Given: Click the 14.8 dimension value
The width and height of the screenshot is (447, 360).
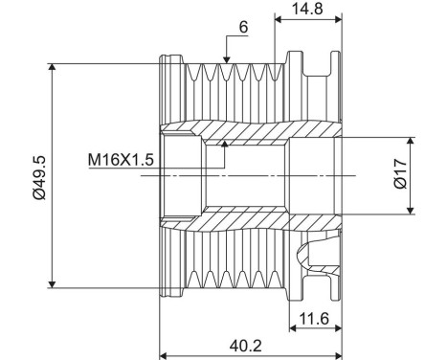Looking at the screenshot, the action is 307,9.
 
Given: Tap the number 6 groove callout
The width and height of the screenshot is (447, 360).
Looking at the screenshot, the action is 243,28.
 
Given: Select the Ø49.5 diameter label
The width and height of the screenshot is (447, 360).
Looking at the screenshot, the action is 39,177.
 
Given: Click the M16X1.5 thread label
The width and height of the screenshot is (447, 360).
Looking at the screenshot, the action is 121,160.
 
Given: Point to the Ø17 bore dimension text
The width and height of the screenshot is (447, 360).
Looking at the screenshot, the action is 401,174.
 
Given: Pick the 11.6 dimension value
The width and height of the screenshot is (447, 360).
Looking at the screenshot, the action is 314,318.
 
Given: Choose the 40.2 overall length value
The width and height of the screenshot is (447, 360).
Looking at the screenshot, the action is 245,346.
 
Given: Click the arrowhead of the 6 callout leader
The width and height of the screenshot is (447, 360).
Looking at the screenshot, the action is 226,59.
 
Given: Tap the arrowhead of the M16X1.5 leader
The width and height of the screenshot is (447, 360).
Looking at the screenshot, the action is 225,144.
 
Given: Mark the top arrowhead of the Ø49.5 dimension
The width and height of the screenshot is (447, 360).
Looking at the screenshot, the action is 53,67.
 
